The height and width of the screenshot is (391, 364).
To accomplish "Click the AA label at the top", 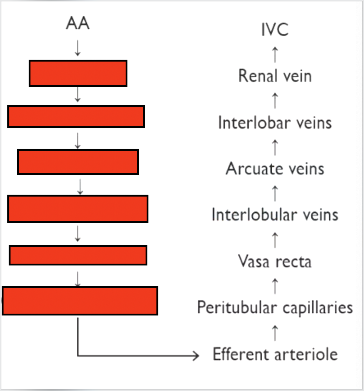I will click(78, 24).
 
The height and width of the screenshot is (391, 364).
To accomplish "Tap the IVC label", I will click(275, 30).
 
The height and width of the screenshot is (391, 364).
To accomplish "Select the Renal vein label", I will click(275, 76).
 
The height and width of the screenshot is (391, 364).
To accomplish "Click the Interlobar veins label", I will click(275, 123).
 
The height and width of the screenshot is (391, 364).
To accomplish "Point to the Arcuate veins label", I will click(275, 169).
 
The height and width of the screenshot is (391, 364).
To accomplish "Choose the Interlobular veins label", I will click(275, 215).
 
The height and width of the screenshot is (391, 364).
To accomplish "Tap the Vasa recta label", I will click(275, 261).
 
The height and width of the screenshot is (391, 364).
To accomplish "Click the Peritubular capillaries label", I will click(275, 307).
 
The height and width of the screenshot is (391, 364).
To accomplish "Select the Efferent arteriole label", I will click(275, 355).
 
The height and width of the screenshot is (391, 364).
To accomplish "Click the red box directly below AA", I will click(78, 73).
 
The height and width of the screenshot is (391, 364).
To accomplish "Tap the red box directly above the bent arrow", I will click(80, 301).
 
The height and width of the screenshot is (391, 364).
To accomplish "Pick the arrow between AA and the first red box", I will click(78, 48).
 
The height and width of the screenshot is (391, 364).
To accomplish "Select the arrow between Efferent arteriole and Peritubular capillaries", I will click(275, 332).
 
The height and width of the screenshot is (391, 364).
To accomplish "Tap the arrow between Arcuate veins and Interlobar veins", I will click(275, 147).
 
